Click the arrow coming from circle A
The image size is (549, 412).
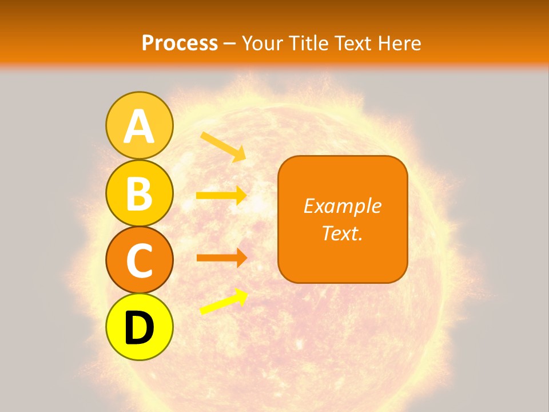[x=223, y=146]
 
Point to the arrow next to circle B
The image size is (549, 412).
[x=221, y=196]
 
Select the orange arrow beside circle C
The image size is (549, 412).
[x=221, y=257]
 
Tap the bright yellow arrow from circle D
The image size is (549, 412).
[x=224, y=302]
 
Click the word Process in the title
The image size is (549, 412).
[x=180, y=43]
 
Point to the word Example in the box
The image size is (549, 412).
[x=342, y=206]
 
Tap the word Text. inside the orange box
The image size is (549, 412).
[x=342, y=233]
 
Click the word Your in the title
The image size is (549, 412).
[x=261, y=43]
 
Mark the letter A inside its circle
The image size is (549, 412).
[x=139, y=127]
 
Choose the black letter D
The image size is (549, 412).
[x=139, y=328]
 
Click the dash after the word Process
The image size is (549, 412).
[x=229, y=43]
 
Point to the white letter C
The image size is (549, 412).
[x=139, y=262]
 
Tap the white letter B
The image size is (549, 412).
[x=139, y=194]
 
